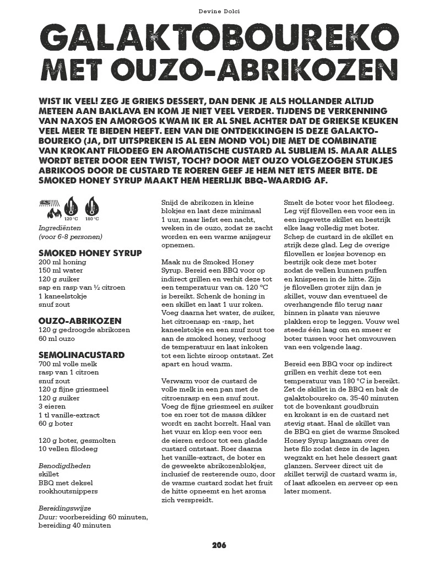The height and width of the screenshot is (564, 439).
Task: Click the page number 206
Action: [219, 545]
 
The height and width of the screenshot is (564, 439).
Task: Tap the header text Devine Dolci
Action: [219, 10]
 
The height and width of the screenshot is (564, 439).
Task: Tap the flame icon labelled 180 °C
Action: [92, 207]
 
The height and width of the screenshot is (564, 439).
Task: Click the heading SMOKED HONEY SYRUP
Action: [90, 253]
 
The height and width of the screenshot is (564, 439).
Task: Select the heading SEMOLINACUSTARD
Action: [82, 355]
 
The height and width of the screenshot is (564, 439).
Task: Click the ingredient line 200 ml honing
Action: [61, 262]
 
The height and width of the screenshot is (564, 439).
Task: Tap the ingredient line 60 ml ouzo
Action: [57, 339]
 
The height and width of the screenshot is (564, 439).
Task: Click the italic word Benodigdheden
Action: [64, 465]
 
